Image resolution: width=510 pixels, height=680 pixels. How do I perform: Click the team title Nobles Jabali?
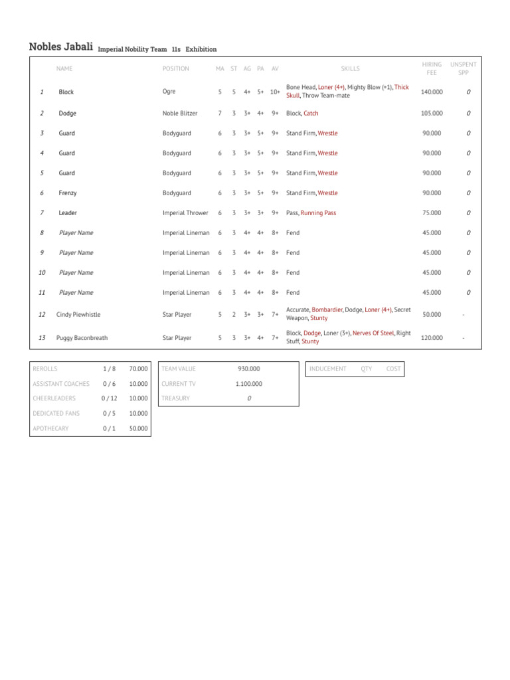coord(61,46)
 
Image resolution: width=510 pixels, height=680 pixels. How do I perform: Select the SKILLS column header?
coord(350,68)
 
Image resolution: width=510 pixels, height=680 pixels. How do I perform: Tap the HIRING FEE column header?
coord(432,68)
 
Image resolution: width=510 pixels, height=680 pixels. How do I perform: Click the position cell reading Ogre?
coord(169,92)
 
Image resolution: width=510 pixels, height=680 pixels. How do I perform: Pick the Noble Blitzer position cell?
coord(180,114)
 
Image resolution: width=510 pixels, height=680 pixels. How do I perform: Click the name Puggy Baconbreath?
coord(82,338)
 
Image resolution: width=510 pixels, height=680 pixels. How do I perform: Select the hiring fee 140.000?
coord(432,92)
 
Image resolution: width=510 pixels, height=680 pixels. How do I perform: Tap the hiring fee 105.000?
coord(432,114)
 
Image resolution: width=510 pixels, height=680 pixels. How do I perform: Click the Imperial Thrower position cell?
coord(185,213)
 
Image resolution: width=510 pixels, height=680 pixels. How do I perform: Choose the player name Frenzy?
coord(68,193)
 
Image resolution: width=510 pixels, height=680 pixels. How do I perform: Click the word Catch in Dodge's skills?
coord(311,114)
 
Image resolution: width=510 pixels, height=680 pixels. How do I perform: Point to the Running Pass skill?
coord(318,213)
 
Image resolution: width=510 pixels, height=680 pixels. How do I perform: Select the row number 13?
coord(42,338)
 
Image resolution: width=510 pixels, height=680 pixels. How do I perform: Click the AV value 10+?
coord(275,92)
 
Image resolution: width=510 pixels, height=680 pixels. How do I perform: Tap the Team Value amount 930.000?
coord(249,369)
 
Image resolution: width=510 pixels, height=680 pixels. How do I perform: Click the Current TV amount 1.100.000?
coord(249,384)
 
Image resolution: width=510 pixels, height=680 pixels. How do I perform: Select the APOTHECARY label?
coord(50,429)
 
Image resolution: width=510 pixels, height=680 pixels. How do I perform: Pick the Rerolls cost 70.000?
coord(138,369)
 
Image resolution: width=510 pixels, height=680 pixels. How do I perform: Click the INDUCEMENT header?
coord(328,369)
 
